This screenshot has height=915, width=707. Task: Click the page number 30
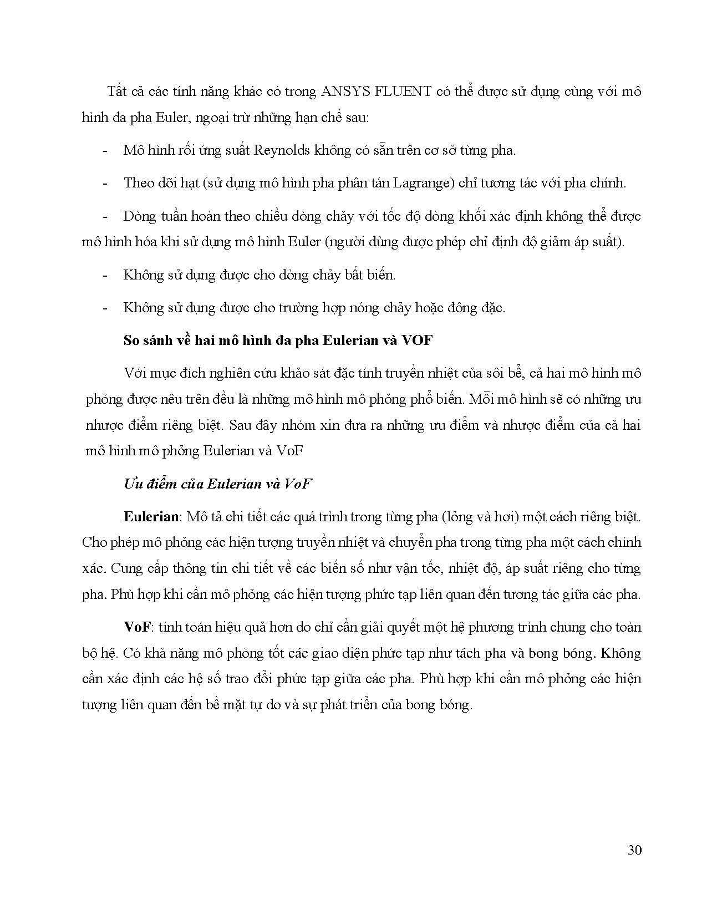click(x=634, y=850)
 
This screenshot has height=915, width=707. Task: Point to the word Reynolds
click(x=281, y=150)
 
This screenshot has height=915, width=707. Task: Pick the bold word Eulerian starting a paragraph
click(x=151, y=517)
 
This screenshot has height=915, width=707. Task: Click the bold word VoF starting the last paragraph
click(x=137, y=627)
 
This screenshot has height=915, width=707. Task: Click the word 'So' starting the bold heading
click(x=131, y=340)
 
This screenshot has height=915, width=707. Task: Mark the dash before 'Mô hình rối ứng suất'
click(x=105, y=151)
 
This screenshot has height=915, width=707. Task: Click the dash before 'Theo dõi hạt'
click(x=105, y=184)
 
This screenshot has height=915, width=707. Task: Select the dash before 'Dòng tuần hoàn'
click(x=105, y=216)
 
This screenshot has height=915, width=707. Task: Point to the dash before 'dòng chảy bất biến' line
click(x=105, y=275)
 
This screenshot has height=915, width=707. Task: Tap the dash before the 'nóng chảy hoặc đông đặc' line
click(x=105, y=308)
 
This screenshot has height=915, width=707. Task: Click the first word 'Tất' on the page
click(x=117, y=91)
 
